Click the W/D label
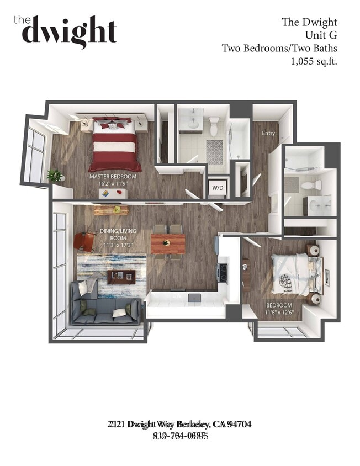click(218, 187)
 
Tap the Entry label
click(268, 133)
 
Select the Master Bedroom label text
click(113, 177)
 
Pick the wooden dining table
click(168, 242)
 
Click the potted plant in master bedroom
click(55, 176)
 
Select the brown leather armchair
click(85, 241)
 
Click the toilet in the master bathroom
click(215, 126)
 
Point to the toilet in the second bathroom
click(311, 184)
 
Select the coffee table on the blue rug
click(120, 276)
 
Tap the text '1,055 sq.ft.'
click(314, 61)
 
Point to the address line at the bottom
click(180, 424)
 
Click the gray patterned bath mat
click(215, 152)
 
